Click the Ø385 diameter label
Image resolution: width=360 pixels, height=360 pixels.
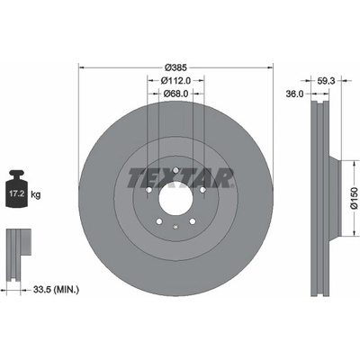pos(176,67)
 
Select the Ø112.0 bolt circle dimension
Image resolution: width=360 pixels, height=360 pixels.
pos(175,81)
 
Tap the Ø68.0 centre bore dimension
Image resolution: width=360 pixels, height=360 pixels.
pos(175,94)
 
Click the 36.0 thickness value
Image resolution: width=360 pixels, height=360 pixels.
pos(294,94)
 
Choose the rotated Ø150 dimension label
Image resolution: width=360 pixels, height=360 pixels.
pos(355,198)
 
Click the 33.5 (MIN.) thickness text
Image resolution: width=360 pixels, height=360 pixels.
pos(56,290)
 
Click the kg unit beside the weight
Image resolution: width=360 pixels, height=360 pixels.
pos(36,195)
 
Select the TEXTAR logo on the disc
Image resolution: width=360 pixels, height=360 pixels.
pos(180,178)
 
